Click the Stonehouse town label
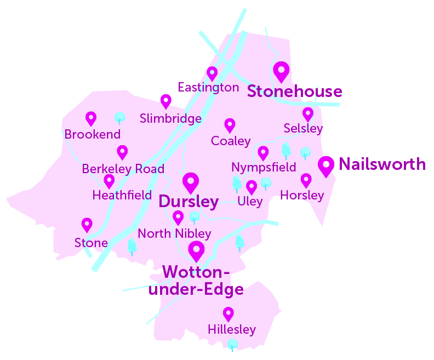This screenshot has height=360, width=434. pyautogui.click(x=294, y=92)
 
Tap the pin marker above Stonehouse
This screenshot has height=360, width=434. pyautogui.click(x=281, y=71)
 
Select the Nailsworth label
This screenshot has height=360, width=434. pyautogui.click(x=382, y=164)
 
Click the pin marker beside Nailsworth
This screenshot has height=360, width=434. pyautogui.click(x=327, y=165)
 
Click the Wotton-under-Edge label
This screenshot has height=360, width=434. pyautogui.click(x=196, y=280)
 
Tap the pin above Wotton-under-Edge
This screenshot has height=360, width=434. pyautogui.click(x=196, y=250)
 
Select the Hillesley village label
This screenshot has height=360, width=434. pyautogui.click(x=232, y=329)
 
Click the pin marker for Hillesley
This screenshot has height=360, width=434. pyautogui.click(x=228, y=313)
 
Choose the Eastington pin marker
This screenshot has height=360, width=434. pyautogui.click(x=212, y=73)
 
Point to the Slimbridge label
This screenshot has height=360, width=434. pyautogui.click(x=170, y=118)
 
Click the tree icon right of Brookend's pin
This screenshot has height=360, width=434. pyautogui.click(x=119, y=117)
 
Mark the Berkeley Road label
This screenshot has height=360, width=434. pyautogui.click(x=123, y=169)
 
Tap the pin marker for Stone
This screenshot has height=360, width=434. pyautogui.click(x=87, y=224)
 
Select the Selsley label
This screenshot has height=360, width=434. pyautogui.click(x=303, y=129)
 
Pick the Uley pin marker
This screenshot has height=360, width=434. pyautogui.click(x=252, y=187)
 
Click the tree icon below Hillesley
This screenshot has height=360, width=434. pyautogui.click(x=233, y=345)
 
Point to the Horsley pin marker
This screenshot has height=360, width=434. pyautogui.click(x=306, y=180)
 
